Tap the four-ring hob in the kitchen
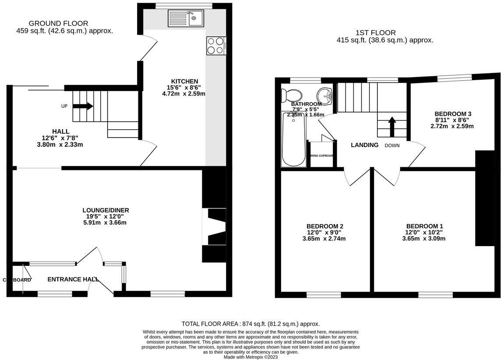pos(216,45)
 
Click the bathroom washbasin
pos(324,94)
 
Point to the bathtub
pos(293,139)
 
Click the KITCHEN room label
pos(184,81)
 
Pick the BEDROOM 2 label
pos(324,226)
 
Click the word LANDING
pos(364,145)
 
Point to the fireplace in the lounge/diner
pos(215,226)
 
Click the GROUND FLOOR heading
pos(58,23)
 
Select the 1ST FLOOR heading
pos(376,32)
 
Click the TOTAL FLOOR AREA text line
pos(250,324)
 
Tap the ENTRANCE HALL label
pos(73,279)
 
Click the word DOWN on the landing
pos(392,145)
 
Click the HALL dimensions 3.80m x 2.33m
pos(61,144)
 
